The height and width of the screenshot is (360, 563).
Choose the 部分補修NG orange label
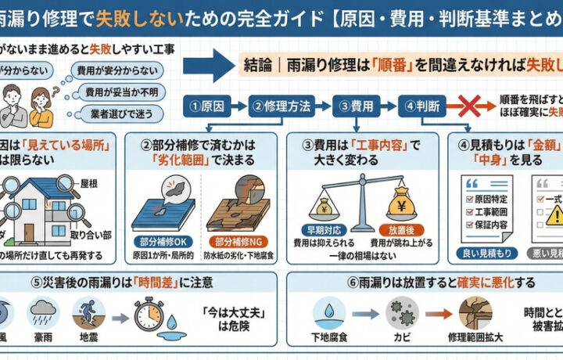pos(237,243)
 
